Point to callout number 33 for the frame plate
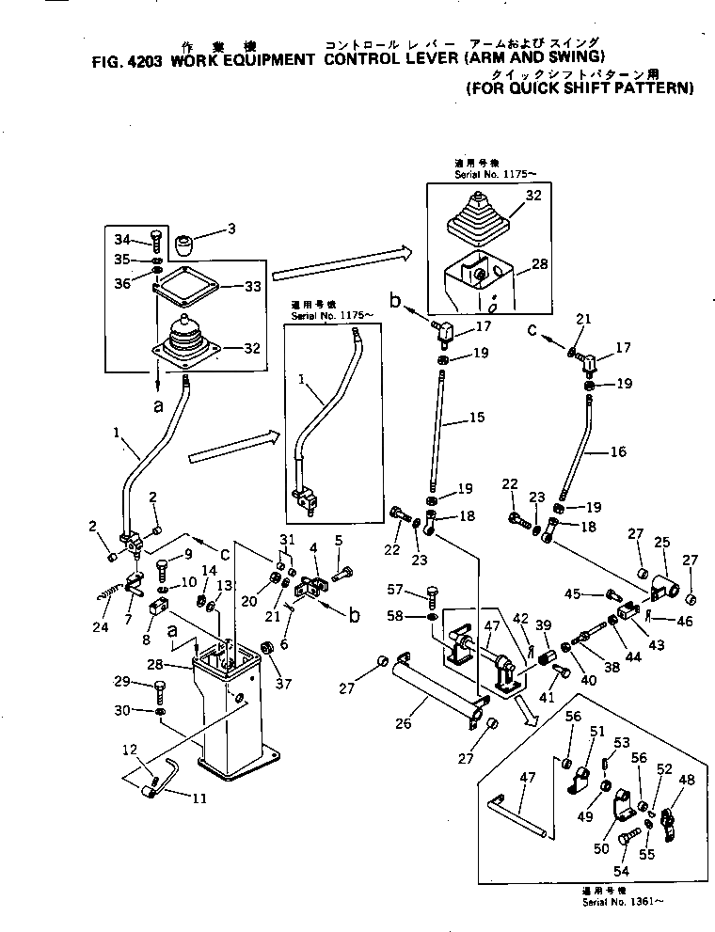[251, 286]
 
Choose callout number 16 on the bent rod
[618, 451]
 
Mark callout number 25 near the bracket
[663, 543]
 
